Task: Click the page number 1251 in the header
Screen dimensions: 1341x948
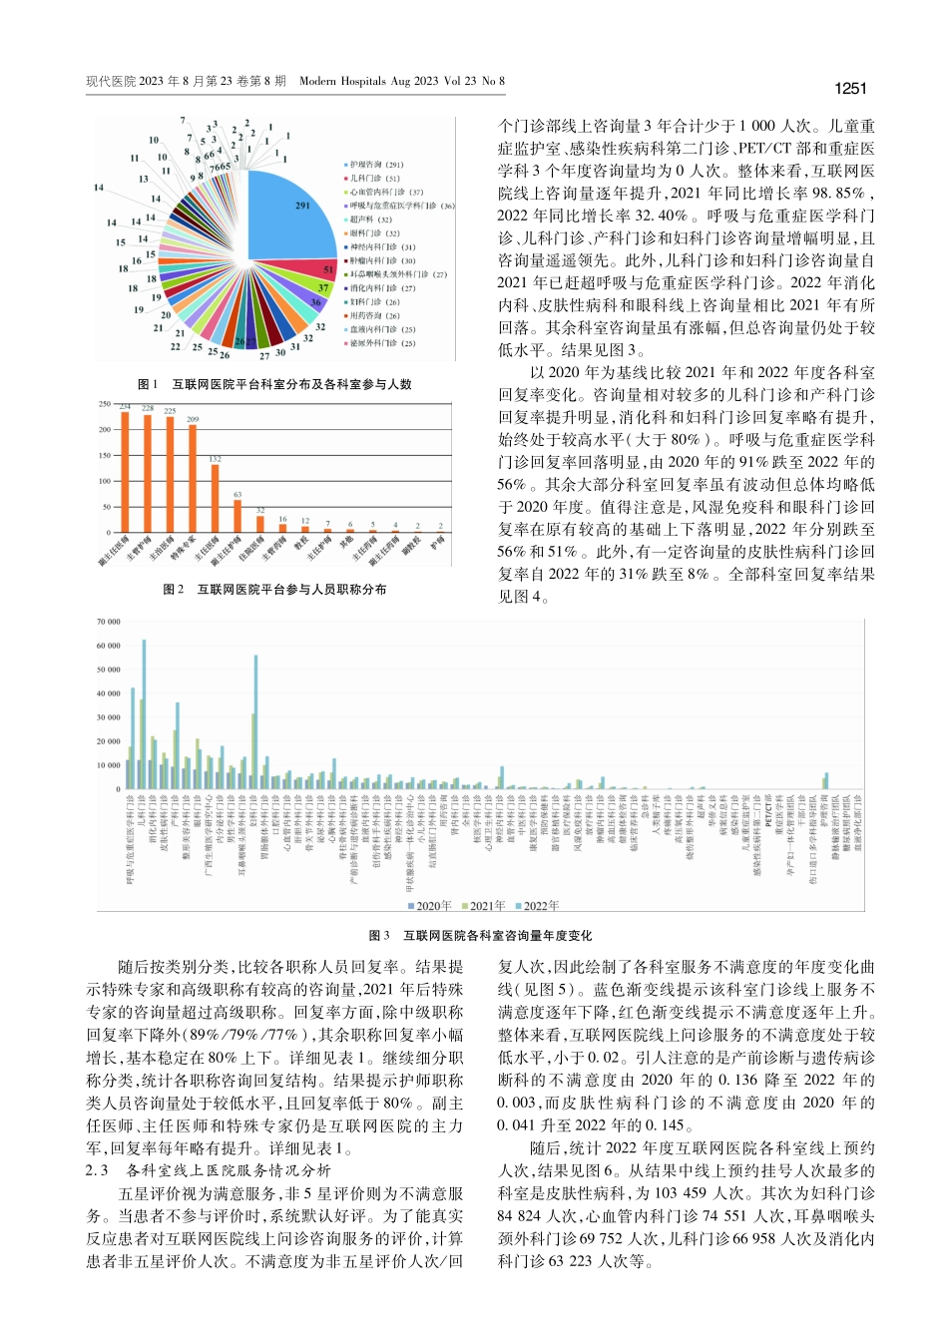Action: pyautogui.click(x=849, y=89)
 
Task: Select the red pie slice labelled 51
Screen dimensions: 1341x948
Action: pyautogui.click(x=325, y=269)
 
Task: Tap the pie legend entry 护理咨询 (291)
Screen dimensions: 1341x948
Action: pyautogui.click(x=375, y=165)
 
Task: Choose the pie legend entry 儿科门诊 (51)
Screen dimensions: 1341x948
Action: pyautogui.click(x=373, y=179)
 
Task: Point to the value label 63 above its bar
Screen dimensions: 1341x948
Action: pyautogui.click(x=237, y=495)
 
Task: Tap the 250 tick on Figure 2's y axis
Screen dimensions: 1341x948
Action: pyautogui.click(x=104, y=404)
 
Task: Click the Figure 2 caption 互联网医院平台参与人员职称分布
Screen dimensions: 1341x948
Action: pyautogui.click(x=274, y=590)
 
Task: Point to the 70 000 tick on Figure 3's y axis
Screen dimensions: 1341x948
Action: pyautogui.click(x=108, y=622)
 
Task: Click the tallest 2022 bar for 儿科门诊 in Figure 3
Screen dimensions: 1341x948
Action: pyautogui.click(x=144, y=713)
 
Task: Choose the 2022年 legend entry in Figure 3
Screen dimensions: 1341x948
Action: pyautogui.click(x=537, y=906)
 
